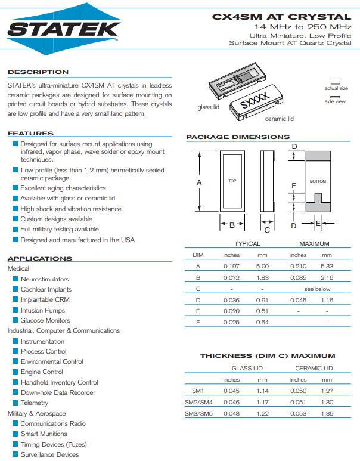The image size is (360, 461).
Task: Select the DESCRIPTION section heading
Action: coord(38,72)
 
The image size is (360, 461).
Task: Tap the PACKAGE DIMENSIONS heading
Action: coord(238,137)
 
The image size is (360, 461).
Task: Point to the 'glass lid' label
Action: coord(208,107)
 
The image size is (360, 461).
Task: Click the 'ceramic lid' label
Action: coord(280,119)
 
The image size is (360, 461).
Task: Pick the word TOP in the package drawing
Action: coord(232,181)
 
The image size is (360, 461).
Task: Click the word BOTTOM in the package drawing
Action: coord(318,181)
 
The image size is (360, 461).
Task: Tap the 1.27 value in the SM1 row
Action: coord(327,391)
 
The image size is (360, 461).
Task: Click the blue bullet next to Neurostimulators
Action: coord(15,279)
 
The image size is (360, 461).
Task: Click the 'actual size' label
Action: coord(336,88)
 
